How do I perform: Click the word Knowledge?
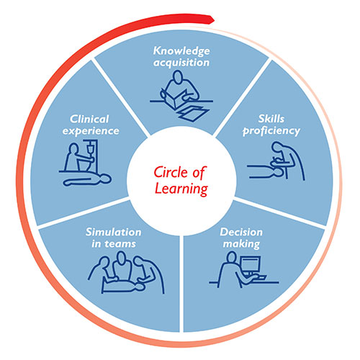[x=181, y=51]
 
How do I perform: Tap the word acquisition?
[x=181, y=63]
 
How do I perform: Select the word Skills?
[x=271, y=119]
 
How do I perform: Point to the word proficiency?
[x=271, y=131]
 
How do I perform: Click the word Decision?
[x=241, y=232]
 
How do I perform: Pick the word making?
[x=241, y=244]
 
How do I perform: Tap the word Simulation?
[x=114, y=232]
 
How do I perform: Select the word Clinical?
[x=89, y=119]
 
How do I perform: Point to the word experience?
[x=91, y=131]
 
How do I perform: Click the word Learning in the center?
[x=181, y=189]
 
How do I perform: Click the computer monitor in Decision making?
[x=251, y=265]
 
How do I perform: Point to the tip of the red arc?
[x=214, y=19]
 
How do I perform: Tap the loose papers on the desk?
[x=193, y=114]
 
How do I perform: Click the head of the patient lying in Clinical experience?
[x=106, y=179]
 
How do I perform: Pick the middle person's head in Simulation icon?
[x=122, y=257]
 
